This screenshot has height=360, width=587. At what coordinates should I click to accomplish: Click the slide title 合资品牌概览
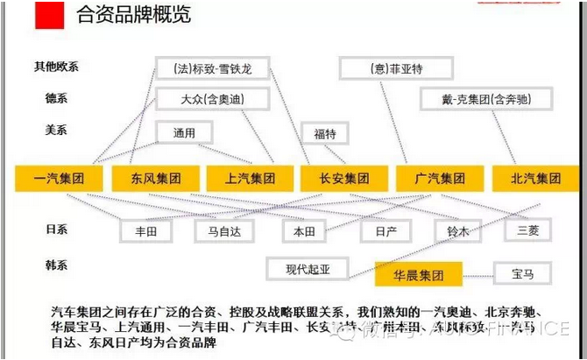pyautogui.click(x=134, y=15)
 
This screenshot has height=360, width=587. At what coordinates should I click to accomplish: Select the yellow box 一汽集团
pyautogui.click(x=59, y=179)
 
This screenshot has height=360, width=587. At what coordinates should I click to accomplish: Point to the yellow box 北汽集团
pyautogui.click(x=535, y=179)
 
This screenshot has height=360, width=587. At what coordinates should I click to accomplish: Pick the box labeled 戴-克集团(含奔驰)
pyautogui.click(x=472, y=99)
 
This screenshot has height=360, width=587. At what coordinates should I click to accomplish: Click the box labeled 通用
pyautogui.click(x=184, y=132)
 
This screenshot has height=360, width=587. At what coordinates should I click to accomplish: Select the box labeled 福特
pyautogui.click(x=324, y=134)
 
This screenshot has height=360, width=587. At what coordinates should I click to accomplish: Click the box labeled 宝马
pyautogui.click(x=523, y=273)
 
